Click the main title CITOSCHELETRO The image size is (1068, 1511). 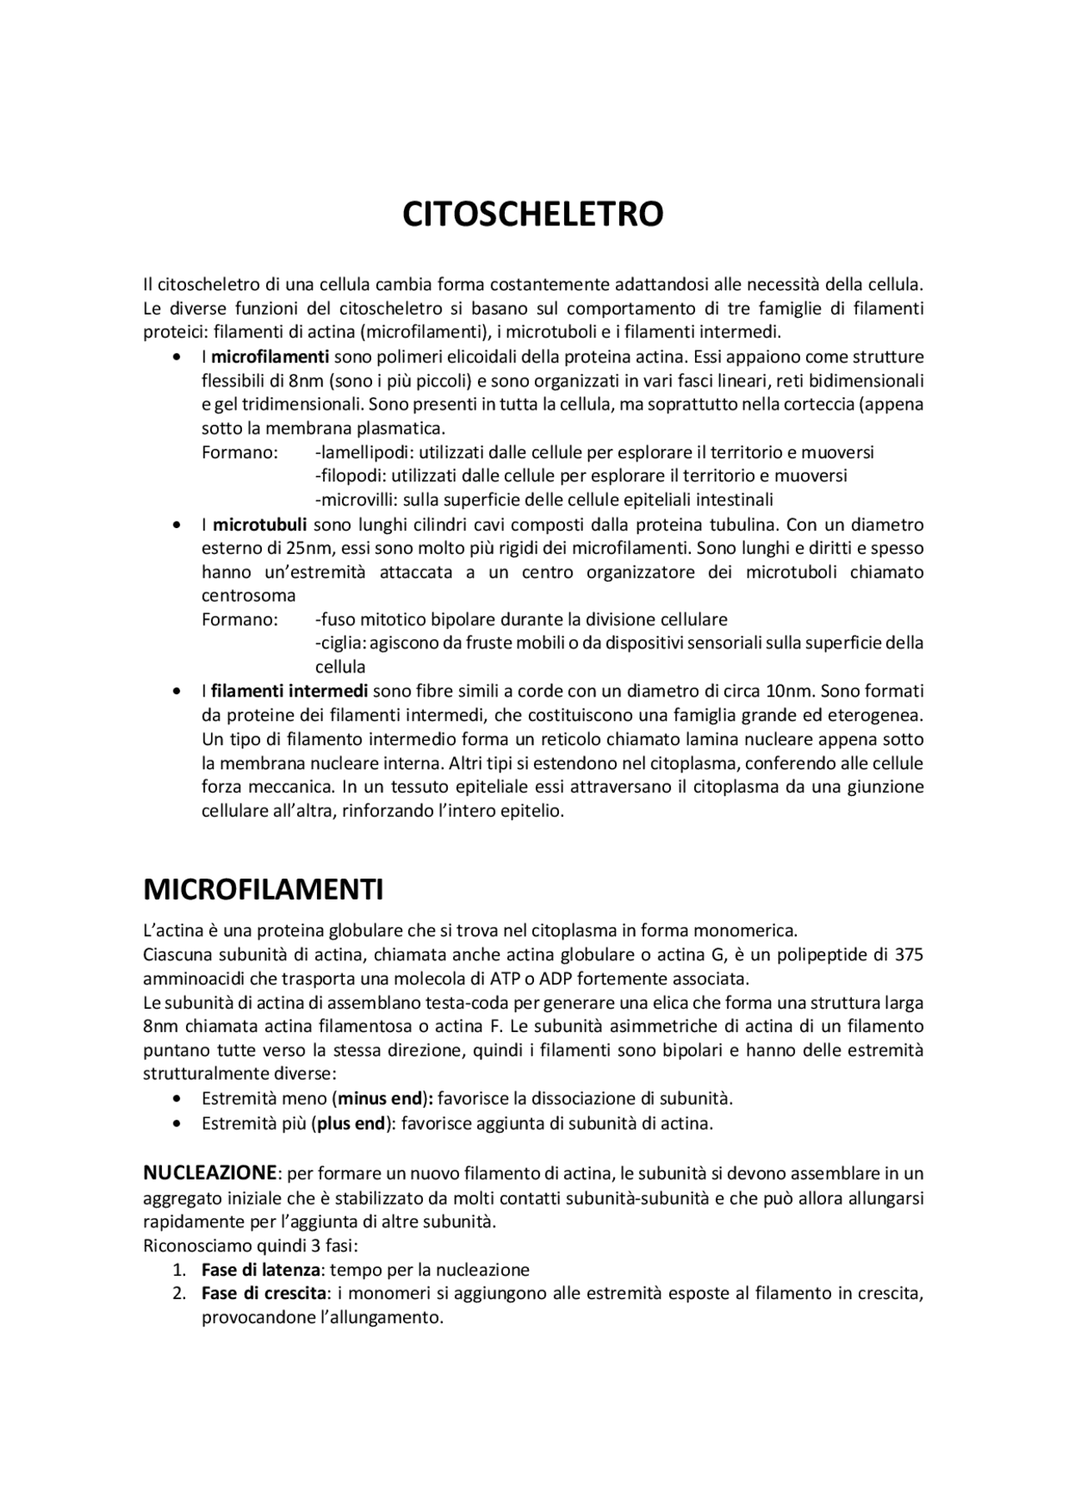(x=532, y=214)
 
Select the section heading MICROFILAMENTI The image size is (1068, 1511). (x=263, y=889)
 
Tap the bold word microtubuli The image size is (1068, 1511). (x=259, y=525)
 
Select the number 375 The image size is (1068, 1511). (x=908, y=954)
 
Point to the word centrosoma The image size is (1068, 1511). (x=249, y=596)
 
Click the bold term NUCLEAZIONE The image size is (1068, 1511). (x=209, y=1173)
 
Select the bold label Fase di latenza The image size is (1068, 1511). (x=261, y=1270)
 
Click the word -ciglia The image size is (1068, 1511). (x=340, y=643)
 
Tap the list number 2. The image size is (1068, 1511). (x=179, y=1294)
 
